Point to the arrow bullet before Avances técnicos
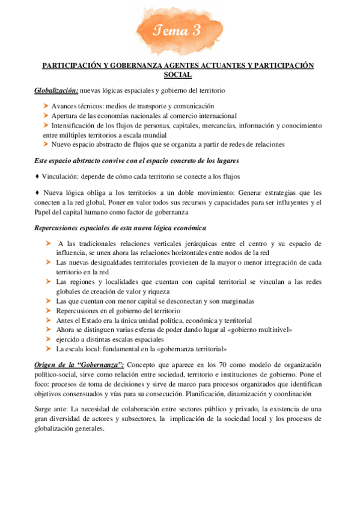click(x=46, y=106)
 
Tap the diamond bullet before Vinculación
click(x=38, y=176)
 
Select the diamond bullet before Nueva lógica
click(x=38, y=193)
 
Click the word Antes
click(x=65, y=321)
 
